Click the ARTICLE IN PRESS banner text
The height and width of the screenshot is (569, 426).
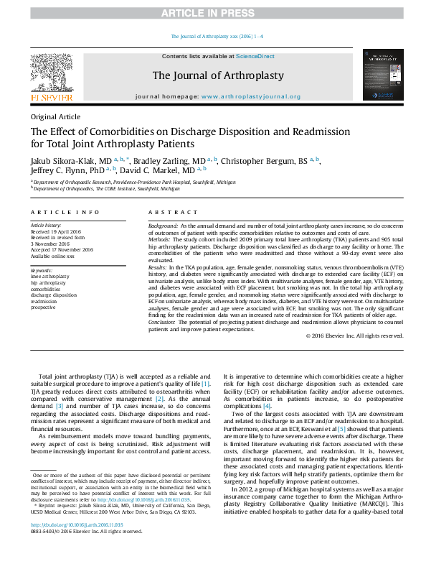coord(212,13)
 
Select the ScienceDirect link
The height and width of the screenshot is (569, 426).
coord(255,56)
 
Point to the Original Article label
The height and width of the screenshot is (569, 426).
coord(55,116)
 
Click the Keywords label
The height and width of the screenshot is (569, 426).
coord(42,269)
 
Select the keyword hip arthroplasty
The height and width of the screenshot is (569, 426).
coord(49,282)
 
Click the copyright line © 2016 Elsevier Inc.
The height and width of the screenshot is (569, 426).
coord(354,336)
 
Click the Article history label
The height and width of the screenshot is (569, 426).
coord(47,225)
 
